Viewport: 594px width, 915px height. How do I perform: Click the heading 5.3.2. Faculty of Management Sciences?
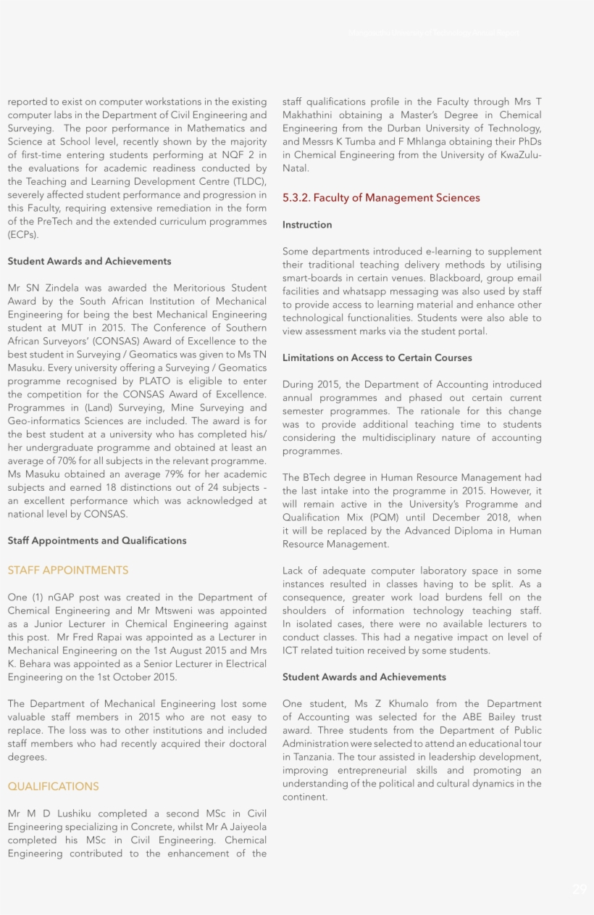coord(381,198)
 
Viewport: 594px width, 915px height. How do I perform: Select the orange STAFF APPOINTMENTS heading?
coord(68,571)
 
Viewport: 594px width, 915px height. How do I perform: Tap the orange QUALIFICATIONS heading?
coord(53,787)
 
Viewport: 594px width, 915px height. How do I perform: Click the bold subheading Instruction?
coord(307,225)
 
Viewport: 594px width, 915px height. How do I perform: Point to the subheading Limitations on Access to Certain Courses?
coord(377,358)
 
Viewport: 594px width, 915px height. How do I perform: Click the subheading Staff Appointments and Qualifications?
coord(97,541)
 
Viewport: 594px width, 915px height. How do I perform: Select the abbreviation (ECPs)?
coord(23,235)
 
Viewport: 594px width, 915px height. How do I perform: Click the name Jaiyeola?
coord(243,827)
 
